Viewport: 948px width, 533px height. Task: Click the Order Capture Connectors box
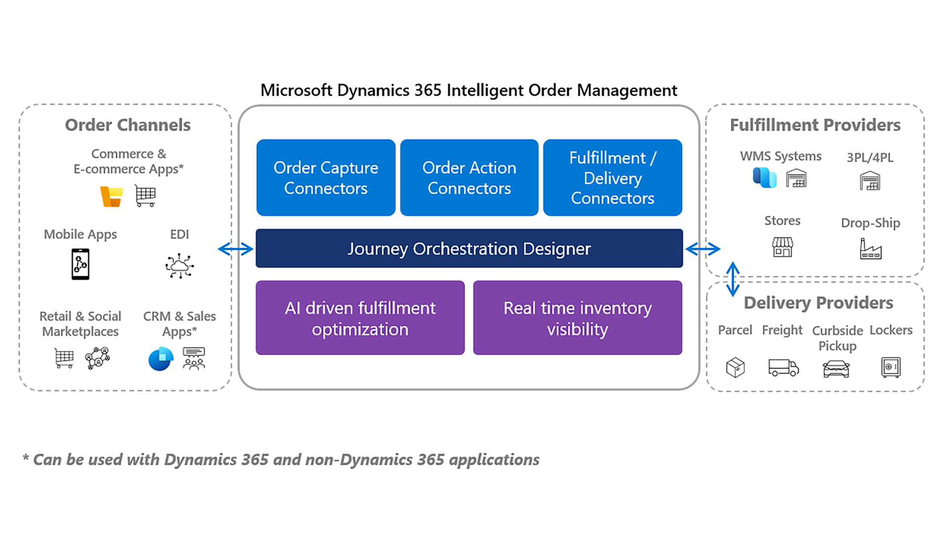click(326, 178)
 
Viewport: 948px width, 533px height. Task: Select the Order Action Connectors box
click(469, 178)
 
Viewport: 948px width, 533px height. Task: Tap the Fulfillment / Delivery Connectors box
click(612, 178)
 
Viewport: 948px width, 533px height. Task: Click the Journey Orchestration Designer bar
click(469, 248)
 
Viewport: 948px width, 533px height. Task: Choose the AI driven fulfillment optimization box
click(360, 318)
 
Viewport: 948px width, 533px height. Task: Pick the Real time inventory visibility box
click(577, 318)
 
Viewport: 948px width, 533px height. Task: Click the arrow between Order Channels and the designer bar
click(236, 249)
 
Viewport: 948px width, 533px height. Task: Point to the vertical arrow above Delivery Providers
click(733, 279)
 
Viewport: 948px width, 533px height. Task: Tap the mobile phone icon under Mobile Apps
click(80, 265)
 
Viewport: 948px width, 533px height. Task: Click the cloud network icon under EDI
click(179, 266)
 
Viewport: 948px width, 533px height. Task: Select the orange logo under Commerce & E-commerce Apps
click(112, 196)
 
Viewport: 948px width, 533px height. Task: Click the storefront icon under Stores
click(783, 247)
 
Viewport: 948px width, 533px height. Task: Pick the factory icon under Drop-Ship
click(870, 249)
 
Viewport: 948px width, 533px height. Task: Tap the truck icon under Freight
click(783, 368)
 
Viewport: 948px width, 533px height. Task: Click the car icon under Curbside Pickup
click(836, 368)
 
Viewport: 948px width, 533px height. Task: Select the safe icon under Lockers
click(891, 367)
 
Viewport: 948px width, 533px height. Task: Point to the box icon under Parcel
click(735, 368)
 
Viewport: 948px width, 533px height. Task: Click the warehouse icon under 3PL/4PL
click(869, 181)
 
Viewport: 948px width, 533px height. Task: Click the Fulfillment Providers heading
click(815, 125)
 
